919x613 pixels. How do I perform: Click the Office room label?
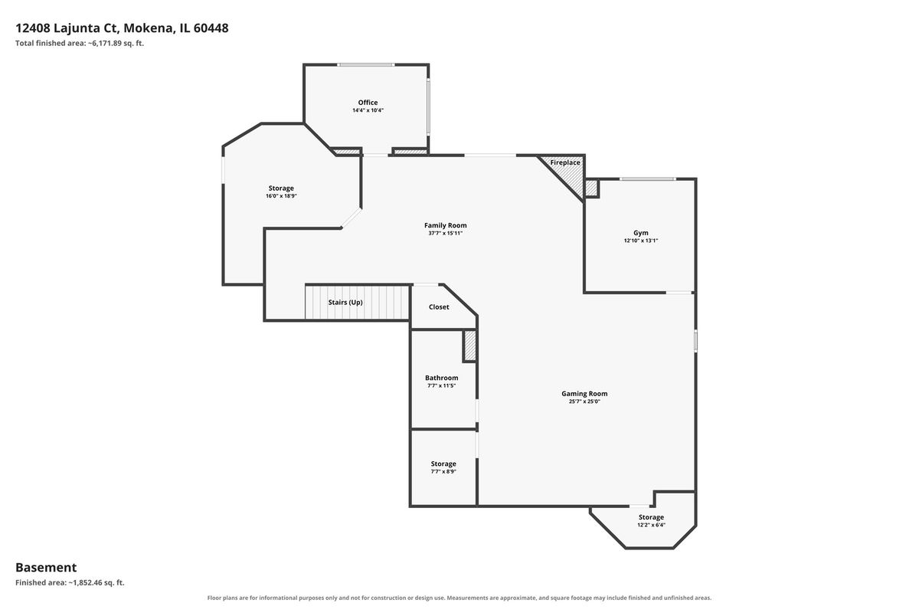tap(368, 103)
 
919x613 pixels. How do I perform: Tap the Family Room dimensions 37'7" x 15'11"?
tap(445, 233)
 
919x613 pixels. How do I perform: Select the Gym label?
tap(641, 233)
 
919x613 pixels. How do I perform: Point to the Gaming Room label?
tap(584, 394)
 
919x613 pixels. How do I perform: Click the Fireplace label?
tap(565, 162)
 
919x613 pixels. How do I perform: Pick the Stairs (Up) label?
tap(345, 303)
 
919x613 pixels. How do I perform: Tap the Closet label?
tap(439, 307)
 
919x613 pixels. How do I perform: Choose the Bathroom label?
tap(441, 378)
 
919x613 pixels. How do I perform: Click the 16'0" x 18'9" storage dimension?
tap(281, 196)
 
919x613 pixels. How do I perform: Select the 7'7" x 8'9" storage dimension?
tap(443, 472)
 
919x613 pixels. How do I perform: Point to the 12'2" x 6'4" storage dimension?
tap(651, 525)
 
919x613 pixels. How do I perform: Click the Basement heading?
tap(46, 568)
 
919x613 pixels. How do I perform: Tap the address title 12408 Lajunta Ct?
tap(67, 28)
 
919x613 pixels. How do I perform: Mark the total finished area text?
tap(80, 43)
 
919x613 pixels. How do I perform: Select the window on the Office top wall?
tap(366, 65)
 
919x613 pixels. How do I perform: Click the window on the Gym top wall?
tap(648, 179)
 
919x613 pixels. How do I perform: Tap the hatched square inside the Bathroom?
tap(469, 346)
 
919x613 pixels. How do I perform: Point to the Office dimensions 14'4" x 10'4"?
tap(368, 110)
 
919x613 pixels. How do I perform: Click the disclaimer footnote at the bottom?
tap(459, 598)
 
